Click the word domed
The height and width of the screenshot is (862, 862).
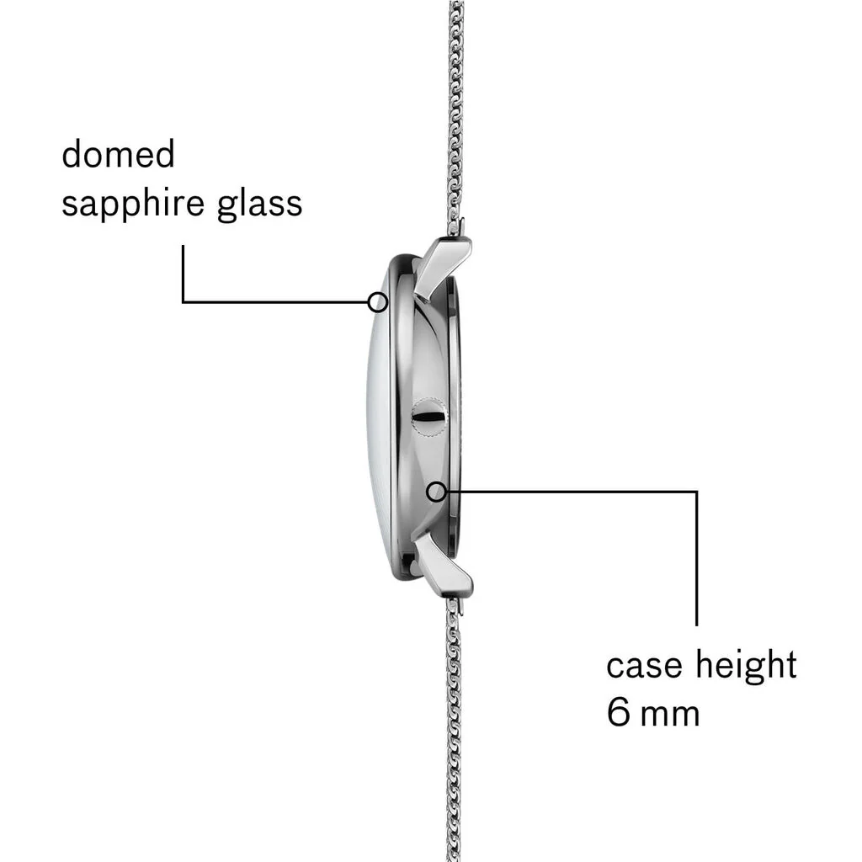point(118,154)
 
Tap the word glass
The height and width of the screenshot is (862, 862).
point(259,204)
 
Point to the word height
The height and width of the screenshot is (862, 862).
point(746,666)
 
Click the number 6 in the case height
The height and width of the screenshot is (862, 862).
point(619,712)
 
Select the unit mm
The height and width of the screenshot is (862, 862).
point(670,716)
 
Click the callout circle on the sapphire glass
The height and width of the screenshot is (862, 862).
point(378,302)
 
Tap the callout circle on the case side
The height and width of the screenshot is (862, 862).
point(437,492)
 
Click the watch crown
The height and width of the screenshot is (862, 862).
point(429,417)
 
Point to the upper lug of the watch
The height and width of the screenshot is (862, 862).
point(441,267)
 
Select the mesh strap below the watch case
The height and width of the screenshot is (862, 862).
point(454,732)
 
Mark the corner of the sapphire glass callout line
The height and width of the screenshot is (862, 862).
point(183,302)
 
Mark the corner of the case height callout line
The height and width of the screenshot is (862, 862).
point(696,492)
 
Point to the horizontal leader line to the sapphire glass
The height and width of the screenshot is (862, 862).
point(275,302)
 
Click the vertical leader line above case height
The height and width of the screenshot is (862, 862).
point(696,559)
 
